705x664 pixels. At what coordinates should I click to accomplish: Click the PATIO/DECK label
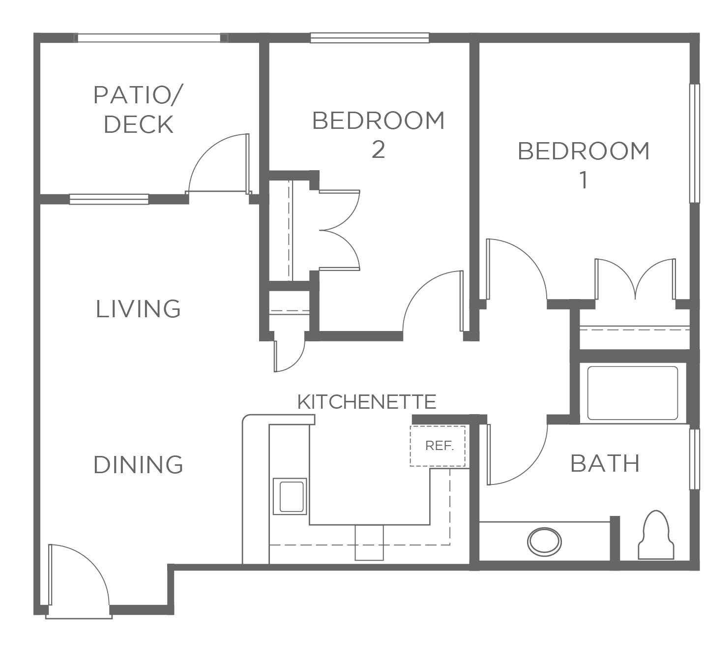coord(138,109)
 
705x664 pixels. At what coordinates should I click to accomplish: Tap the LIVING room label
coord(138,309)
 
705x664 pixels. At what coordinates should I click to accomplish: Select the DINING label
coord(138,464)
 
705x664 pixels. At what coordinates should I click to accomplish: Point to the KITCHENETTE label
coord(366,402)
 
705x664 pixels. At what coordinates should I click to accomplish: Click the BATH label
coord(605,463)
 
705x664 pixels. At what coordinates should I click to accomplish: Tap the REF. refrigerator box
coord(438,446)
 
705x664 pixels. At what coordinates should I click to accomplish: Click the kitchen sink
coord(290,496)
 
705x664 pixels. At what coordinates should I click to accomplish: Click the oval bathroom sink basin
coord(544,542)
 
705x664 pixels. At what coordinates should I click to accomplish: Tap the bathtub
coord(632,393)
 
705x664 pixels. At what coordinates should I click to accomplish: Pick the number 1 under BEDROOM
coord(583,180)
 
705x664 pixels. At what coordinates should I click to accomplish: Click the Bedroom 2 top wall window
coord(370,38)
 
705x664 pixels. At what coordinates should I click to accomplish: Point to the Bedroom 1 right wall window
coord(694,143)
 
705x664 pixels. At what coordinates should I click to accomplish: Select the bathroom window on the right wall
coord(694,459)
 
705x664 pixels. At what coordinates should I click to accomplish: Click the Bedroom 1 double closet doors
coord(635,279)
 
